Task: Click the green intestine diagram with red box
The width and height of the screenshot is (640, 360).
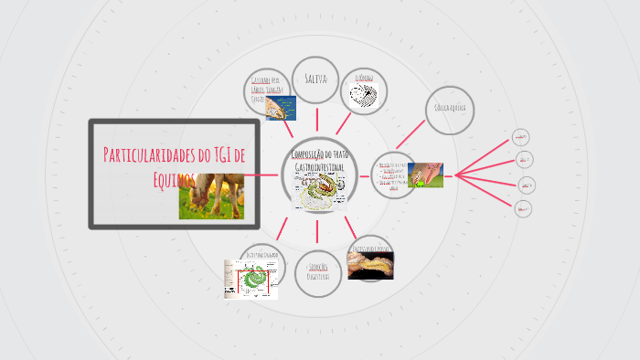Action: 251,279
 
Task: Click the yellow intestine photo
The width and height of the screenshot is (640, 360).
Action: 371,263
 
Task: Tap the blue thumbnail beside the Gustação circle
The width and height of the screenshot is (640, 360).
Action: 279,109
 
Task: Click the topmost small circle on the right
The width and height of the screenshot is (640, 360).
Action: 521,137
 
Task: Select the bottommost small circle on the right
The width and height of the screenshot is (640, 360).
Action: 524,208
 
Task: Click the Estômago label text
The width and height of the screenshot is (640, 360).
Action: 364,78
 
